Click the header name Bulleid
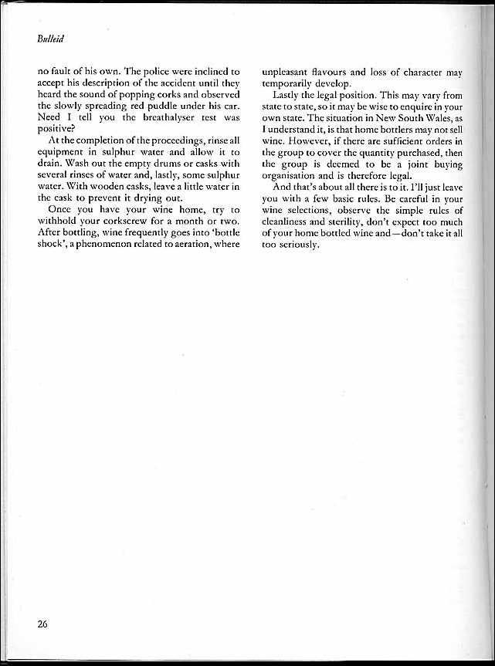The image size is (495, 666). pyautogui.click(x=50, y=37)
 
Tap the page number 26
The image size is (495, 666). pyautogui.click(x=42, y=624)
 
